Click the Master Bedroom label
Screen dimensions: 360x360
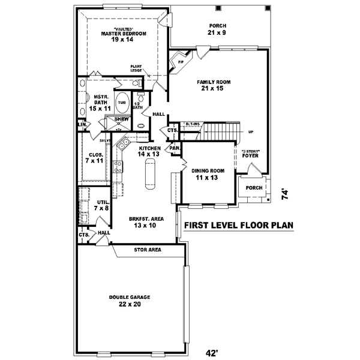123,34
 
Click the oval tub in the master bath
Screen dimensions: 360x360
122,102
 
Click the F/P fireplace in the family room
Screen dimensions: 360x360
179,61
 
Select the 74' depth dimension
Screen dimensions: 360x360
286,194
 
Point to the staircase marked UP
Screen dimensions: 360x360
219,133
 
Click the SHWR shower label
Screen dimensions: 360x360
112,119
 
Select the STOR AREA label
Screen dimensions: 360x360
147,248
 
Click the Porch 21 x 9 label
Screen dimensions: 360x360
217,29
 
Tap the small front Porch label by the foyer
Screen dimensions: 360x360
254,187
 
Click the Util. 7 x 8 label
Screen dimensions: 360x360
102,205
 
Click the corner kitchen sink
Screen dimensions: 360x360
122,144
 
